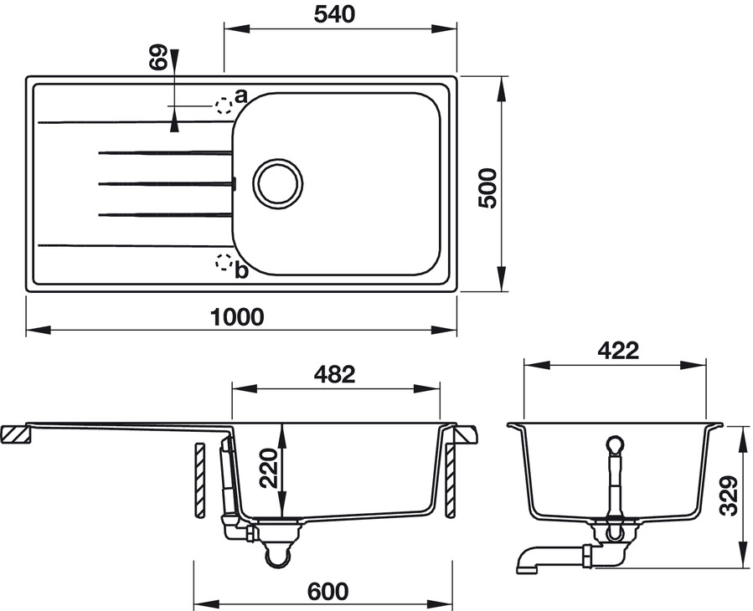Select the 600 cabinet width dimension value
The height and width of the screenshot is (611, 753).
pyautogui.click(x=327, y=591)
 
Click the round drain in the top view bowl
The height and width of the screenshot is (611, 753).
pyautogui.click(x=276, y=182)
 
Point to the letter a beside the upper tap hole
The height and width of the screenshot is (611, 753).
pyautogui.click(x=240, y=95)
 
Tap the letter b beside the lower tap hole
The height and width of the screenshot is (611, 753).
pyautogui.click(x=241, y=270)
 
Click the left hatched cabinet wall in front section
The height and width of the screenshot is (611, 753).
pyautogui.click(x=199, y=480)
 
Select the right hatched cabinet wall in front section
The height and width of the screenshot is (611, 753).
pyautogui.click(x=451, y=480)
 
